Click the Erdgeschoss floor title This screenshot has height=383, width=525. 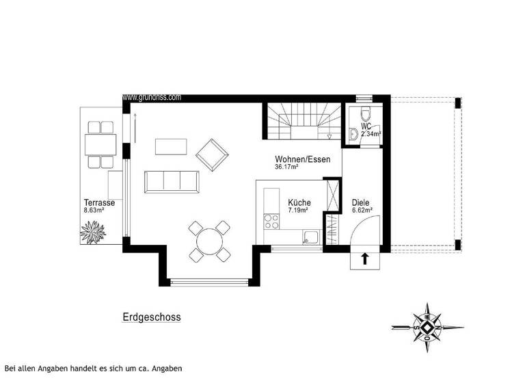(x=152, y=317)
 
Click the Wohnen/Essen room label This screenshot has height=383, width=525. (x=302, y=159)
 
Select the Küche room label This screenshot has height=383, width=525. (x=299, y=202)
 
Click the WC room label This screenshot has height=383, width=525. (x=366, y=127)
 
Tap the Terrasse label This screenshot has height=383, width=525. (x=99, y=203)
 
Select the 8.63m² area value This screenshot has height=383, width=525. (x=94, y=211)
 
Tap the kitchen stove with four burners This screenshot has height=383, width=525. (x=271, y=220)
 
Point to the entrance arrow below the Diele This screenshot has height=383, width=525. (x=364, y=259)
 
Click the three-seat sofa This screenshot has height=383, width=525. (x=172, y=181)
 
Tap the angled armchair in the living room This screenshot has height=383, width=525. (x=213, y=154)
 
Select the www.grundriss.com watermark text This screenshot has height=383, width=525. (x=152, y=98)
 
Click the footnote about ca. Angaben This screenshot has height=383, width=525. (x=93, y=369)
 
